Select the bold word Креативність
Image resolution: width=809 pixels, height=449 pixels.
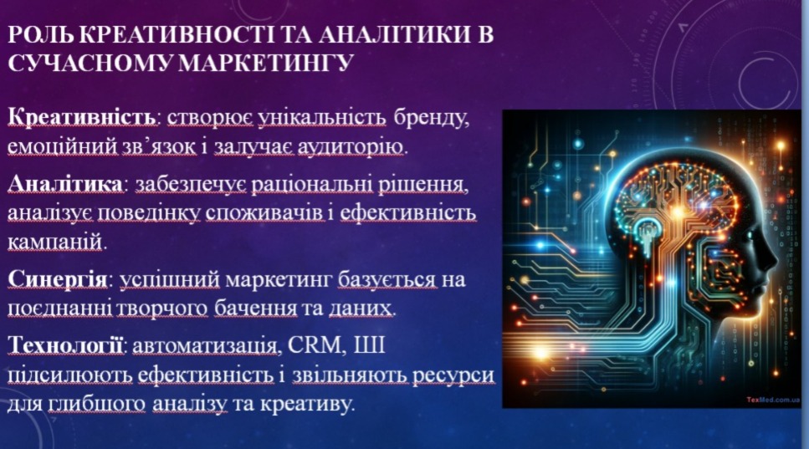[x=82, y=118]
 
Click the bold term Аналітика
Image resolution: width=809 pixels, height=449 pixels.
[x=65, y=183]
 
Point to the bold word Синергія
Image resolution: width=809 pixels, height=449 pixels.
[x=57, y=280]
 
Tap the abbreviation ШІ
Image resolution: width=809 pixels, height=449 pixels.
[x=369, y=344]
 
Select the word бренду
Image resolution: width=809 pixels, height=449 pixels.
[x=432, y=118]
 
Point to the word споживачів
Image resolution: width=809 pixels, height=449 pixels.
[x=265, y=213]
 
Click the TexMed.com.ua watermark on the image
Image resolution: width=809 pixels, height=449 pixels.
[x=772, y=400]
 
